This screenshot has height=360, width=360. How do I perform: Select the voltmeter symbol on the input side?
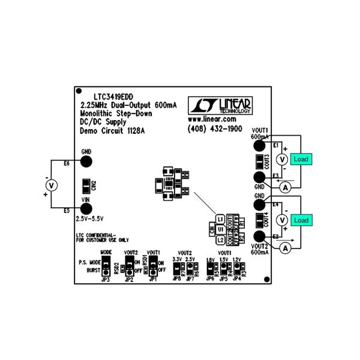point(52,185)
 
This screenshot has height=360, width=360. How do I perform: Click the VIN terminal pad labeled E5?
point(86,209)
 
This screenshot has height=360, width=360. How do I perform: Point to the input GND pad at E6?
point(86,162)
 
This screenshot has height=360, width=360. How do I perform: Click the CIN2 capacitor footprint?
point(86,185)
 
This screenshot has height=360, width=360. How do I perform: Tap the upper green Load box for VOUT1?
point(301,159)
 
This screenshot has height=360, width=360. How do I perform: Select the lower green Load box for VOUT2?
point(301,220)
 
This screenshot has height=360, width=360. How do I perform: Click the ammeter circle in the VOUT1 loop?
point(286,187)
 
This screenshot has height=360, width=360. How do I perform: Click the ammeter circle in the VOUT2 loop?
point(286,247)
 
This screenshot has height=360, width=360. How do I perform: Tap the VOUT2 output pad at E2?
point(260,236)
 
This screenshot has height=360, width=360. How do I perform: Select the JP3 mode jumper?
point(105,265)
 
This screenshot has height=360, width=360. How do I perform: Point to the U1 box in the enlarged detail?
point(221,229)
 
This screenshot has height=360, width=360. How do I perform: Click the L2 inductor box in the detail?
point(221,239)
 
